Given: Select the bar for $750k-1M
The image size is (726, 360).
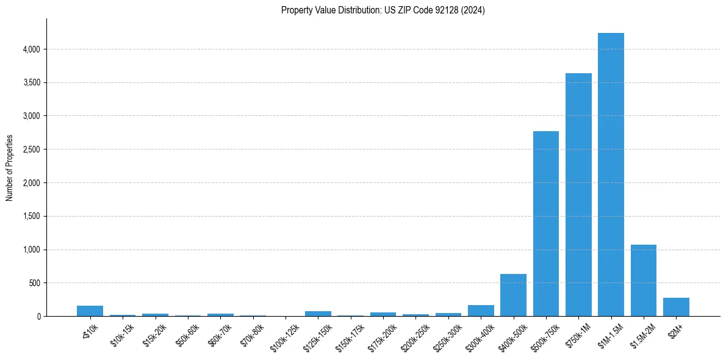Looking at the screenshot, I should point(578,195).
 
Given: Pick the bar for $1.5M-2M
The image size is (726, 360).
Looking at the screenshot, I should point(643,281).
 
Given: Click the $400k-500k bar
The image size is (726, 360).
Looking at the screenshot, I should point(513,295).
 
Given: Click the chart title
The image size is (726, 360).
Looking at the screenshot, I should point(383,10).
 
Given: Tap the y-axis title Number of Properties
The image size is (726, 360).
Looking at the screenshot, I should point(10,167).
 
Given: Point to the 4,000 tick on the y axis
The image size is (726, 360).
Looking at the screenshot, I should point(31,49).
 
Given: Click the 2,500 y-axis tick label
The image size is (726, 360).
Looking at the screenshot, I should point(31,149).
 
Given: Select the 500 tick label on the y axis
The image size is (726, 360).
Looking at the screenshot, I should point(35,283).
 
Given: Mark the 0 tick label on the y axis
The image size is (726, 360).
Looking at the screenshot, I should point(38,317).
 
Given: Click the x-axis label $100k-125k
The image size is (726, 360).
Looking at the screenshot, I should point(285,334).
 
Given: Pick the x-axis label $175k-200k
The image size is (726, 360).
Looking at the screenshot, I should point(383,334).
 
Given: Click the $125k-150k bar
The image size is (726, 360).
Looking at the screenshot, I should point(318,314).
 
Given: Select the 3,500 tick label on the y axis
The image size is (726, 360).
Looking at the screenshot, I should point(31,82).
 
